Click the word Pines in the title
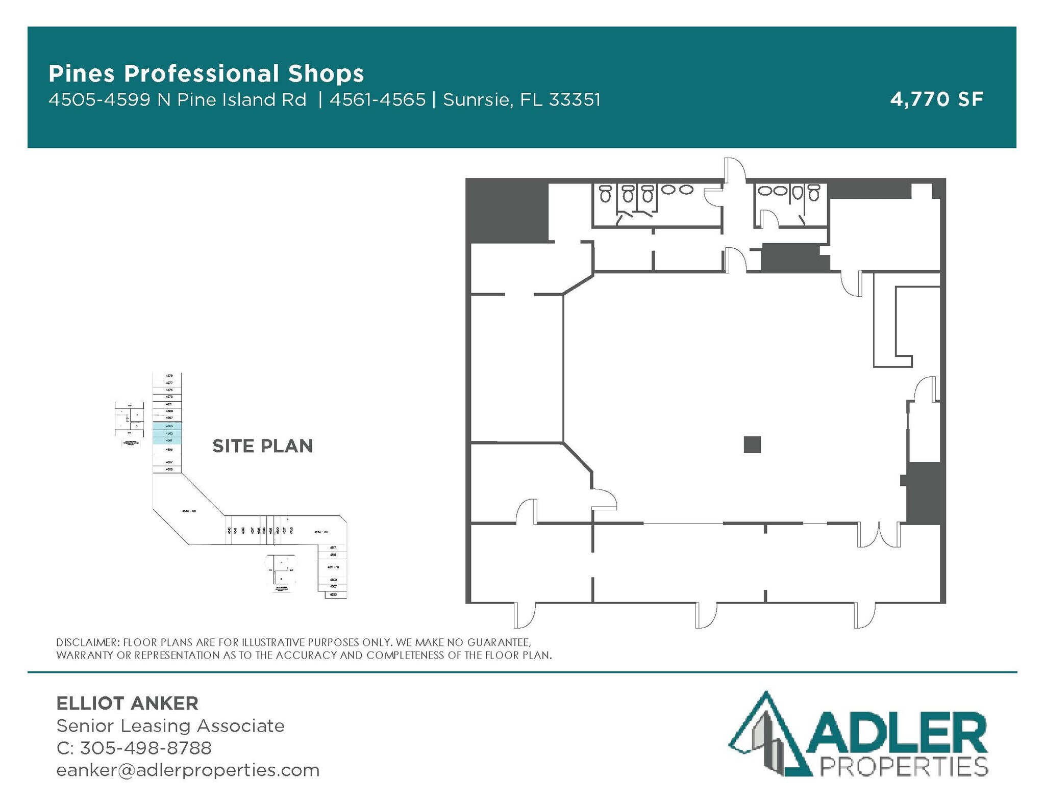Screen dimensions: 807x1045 [81, 74]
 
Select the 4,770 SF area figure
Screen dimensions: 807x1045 [936, 99]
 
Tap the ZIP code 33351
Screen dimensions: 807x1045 [575, 100]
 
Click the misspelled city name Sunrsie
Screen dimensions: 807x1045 [476, 100]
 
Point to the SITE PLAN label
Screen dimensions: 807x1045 [262, 446]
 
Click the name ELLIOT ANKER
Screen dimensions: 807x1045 [127, 703]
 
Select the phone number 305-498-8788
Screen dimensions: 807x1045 [145, 748]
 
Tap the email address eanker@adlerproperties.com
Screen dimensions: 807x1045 [188, 770]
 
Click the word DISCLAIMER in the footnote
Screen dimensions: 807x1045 [86, 642]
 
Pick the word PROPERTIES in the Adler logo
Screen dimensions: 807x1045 [903, 767]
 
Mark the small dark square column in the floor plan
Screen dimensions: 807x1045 [752, 445]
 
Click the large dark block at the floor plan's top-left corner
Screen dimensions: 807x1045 [507, 211]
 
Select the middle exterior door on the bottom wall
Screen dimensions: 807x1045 [706, 615]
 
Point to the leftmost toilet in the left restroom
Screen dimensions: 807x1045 [605, 193]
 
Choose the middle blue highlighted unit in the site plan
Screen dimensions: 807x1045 [167, 433]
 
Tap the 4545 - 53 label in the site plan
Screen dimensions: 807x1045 [189, 510]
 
